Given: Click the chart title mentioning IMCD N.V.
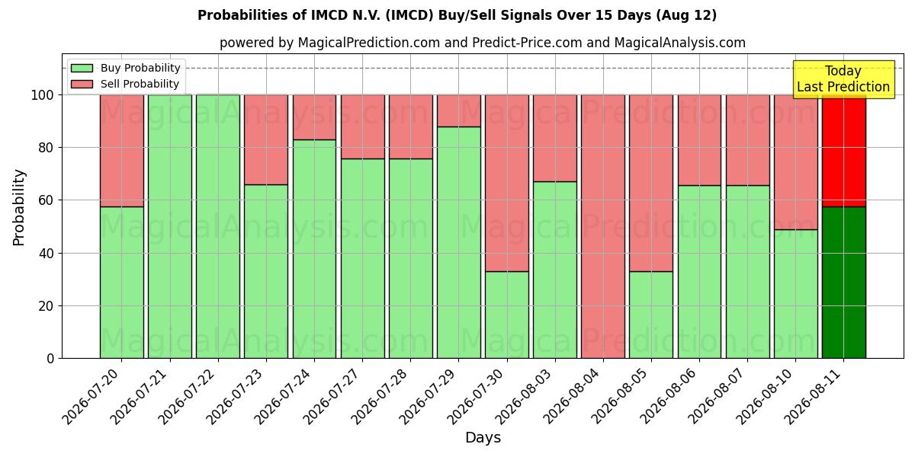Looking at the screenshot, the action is tap(457, 15).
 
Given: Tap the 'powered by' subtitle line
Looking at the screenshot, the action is tap(483, 43).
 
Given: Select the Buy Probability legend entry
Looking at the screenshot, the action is tap(125, 68).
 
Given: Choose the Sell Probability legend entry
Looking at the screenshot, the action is tap(125, 84).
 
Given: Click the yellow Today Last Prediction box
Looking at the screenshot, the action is tap(843, 79).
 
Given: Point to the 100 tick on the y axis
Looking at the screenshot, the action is tap(43, 95).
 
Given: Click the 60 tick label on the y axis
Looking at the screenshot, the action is tap(47, 200).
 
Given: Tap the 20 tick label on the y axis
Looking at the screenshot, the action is tap(47, 306).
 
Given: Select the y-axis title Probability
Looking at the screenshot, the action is tap(19, 207).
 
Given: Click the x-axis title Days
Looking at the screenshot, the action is tap(483, 437).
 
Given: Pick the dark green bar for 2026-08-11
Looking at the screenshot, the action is tap(844, 283).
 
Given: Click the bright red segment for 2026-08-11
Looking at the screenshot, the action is tap(844, 151).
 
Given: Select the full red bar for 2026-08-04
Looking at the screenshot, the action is tap(603, 226).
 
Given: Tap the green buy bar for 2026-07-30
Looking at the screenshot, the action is tap(507, 315).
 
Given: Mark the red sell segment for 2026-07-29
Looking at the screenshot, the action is tap(459, 111).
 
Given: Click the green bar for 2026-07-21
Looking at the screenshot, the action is tap(170, 226).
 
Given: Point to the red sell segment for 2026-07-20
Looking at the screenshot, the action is tap(122, 151).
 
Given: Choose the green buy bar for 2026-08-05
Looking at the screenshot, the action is tap(651, 315).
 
